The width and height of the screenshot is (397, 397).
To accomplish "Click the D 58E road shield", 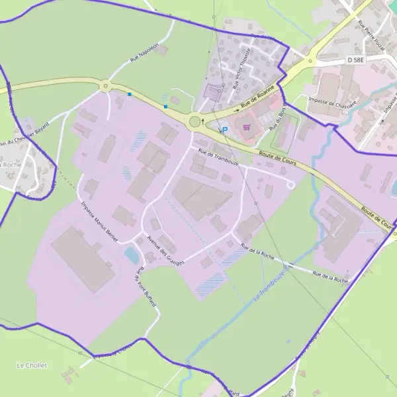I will [356, 60].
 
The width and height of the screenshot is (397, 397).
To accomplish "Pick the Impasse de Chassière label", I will [333, 102].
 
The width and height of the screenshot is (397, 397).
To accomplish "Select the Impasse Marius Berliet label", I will [99, 222].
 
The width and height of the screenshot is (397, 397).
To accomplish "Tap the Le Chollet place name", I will [32, 365].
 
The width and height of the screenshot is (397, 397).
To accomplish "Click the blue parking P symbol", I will [224, 130].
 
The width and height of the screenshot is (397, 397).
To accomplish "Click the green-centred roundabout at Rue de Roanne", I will [195, 121].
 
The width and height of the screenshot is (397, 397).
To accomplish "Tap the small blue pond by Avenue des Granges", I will [132, 253].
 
